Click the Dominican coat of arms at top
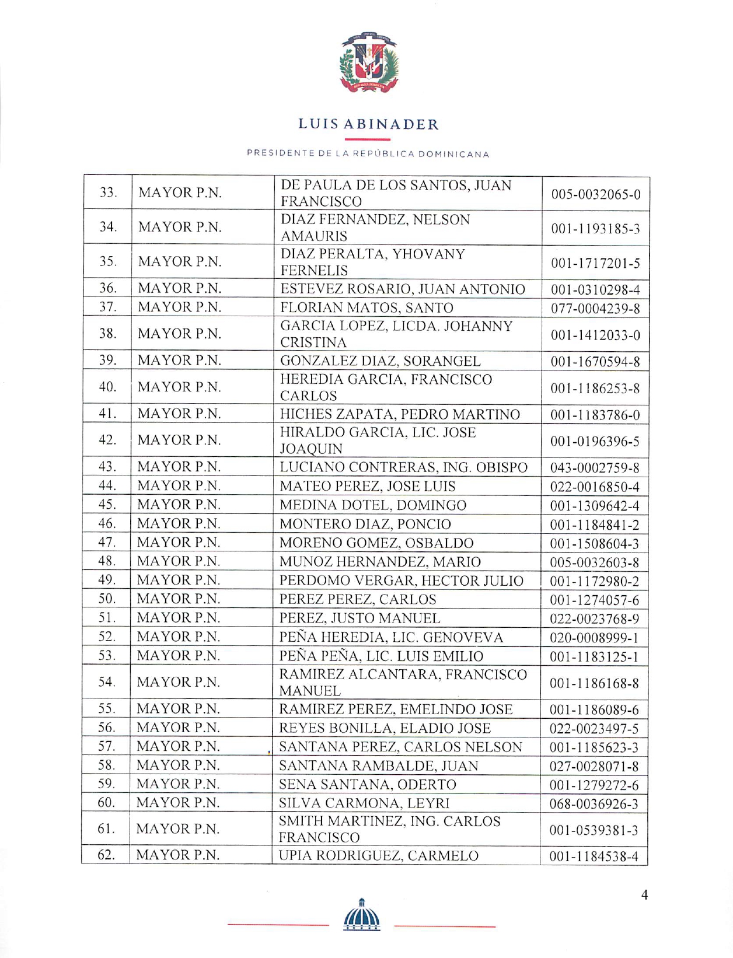[x=368, y=62]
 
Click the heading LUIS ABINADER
[x=368, y=124]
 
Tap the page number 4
[x=644, y=895]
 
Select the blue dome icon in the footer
[x=362, y=915]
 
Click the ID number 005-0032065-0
[x=595, y=194]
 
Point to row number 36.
[x=108, y=288]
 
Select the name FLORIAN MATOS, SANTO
[x=366, y=307]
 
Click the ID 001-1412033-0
[x=595, y=335]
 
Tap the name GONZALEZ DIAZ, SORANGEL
[x=380, y=361]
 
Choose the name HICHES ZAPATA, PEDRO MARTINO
[x=400, y=414]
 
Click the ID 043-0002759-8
[x=595, y=467]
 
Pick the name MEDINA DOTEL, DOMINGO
[x=373, y=505]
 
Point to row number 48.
[x=107, y=561]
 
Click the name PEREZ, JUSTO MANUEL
[x=359, y=618]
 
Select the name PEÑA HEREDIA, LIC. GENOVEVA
[x=391, y=637]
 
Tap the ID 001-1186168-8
[x=594, y=683]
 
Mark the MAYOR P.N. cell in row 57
[x=178, y=746]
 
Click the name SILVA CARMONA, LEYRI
[x=364, y=803]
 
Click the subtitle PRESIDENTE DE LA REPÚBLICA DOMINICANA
[x=368, y=154]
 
